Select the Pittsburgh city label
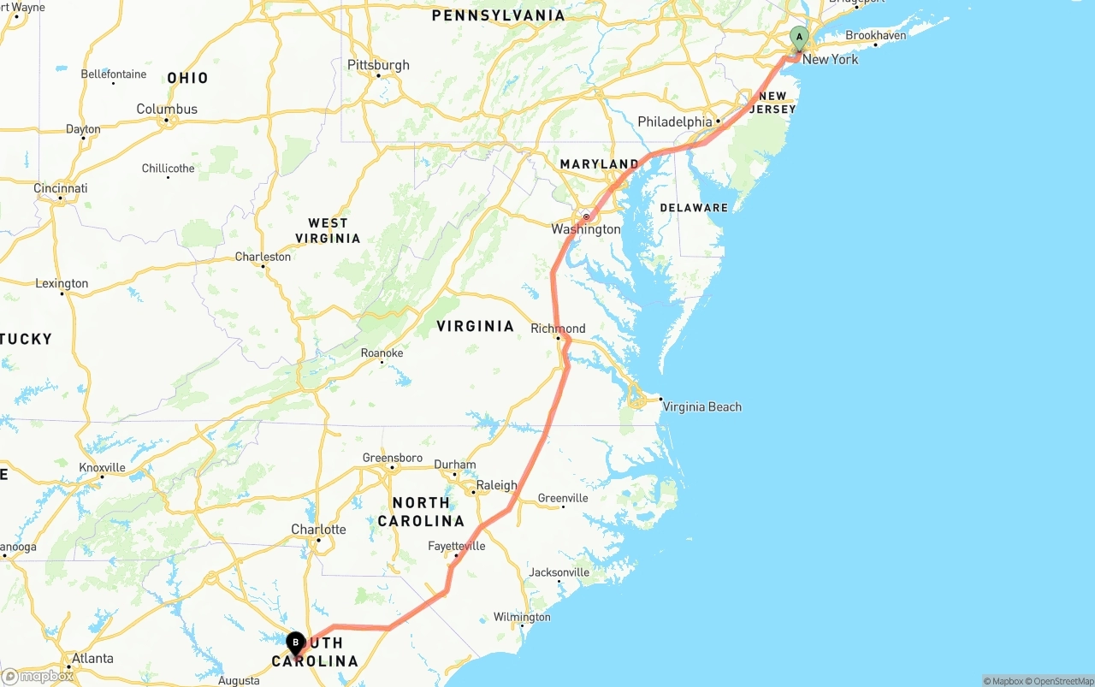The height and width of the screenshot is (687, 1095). coord(378,65)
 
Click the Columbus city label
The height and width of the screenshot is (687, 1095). coord(167,109)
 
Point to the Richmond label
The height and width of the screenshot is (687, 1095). coord(558,329)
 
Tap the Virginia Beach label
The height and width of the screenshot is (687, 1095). coord(701,406)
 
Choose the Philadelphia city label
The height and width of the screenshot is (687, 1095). coord(675,121)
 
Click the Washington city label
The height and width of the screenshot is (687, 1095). coord(586,229)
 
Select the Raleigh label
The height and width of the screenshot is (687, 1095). coord(496,485)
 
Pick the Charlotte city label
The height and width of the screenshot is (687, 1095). coord(318,529)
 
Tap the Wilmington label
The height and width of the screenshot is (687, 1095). coord(522,617)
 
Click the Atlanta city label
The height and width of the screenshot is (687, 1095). coord(92,658)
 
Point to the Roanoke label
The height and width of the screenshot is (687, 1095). coord(382,352)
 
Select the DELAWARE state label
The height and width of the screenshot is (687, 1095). coord(694,208)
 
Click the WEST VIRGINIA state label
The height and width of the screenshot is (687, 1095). coord(328,231)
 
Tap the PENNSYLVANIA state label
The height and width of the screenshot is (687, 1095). coord(498,15)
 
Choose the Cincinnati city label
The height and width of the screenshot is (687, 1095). coord(61,188)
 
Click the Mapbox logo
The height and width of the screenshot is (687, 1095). coord(38,676)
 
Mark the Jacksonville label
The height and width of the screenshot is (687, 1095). coord(559,572)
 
